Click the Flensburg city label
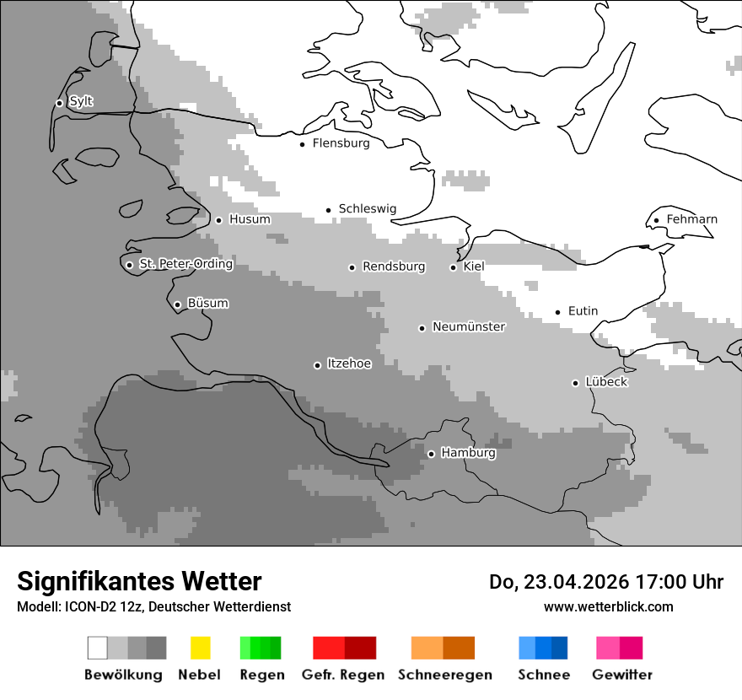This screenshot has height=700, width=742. coord(341,143)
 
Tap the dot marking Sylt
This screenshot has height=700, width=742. coord(59,103)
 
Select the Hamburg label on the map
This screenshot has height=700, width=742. coord(468,453)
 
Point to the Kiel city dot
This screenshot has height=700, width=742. coord(453,267)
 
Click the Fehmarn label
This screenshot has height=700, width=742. coord(691,219)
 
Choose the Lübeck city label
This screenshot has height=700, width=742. coord(605,382)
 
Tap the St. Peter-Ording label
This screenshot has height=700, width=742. coord(185,264)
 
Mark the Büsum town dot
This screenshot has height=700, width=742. coord(177,304)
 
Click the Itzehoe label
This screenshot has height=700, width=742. coord(349,363)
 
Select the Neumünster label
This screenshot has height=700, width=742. coord(469,326)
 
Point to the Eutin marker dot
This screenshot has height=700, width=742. coord(557,312)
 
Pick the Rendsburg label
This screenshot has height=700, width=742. coord(394,267)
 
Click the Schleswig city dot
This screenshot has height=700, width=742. coord(329,210)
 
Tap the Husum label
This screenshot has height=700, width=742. coord(250,219)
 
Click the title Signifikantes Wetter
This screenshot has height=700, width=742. coord(139,581)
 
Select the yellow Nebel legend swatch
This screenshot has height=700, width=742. coord(200,648)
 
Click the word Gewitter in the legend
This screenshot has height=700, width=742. coord(622,675)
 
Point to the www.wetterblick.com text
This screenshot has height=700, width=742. coord(608,606)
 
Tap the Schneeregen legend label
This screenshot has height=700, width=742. coord(445,675)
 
